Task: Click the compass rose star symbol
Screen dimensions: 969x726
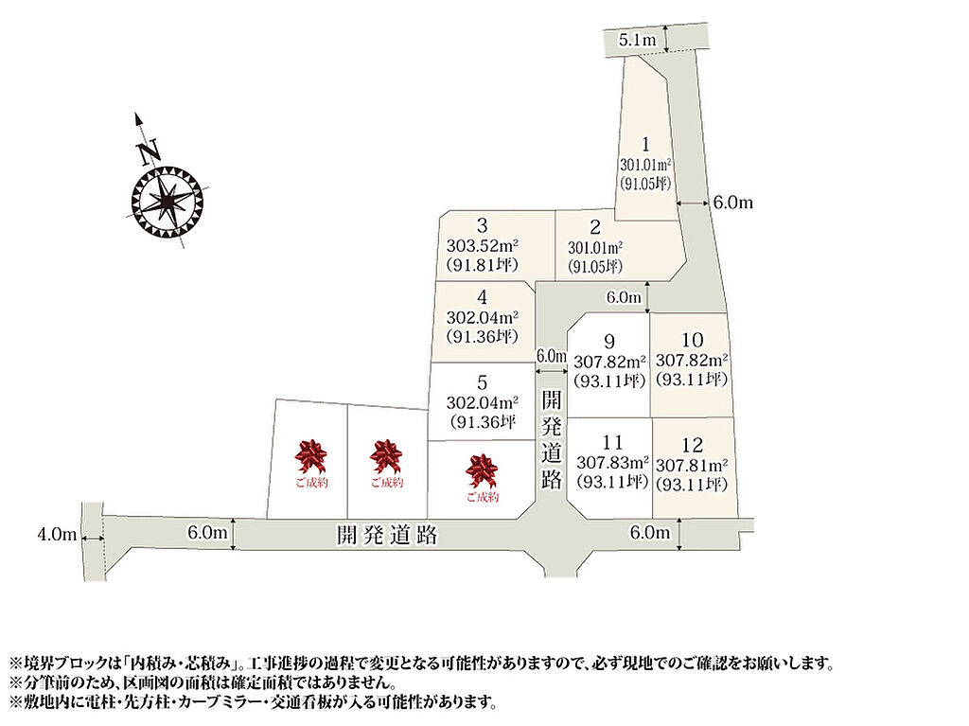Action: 167,202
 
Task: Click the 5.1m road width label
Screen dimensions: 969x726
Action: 637,40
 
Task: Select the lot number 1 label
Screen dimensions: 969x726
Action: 645,145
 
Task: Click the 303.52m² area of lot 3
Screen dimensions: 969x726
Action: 482,245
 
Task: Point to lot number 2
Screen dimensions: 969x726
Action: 594,227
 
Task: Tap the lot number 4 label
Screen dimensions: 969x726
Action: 482,297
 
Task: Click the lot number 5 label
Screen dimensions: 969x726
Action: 482,382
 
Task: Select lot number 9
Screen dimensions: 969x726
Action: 609,342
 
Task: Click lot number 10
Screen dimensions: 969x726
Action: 692,340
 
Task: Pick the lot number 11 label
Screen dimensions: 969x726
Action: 612,443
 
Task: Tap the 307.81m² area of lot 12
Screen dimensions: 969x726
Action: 692,466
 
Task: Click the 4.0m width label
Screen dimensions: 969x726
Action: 57,534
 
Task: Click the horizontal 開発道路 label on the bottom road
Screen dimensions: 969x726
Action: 387,535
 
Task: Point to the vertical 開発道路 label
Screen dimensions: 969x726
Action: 552,440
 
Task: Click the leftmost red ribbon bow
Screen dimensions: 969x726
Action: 310,456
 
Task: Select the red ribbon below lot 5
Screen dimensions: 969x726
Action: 482,470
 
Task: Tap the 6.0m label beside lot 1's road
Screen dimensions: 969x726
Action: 733,203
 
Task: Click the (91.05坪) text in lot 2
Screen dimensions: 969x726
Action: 594,267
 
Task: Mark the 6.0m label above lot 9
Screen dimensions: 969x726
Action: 624,297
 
